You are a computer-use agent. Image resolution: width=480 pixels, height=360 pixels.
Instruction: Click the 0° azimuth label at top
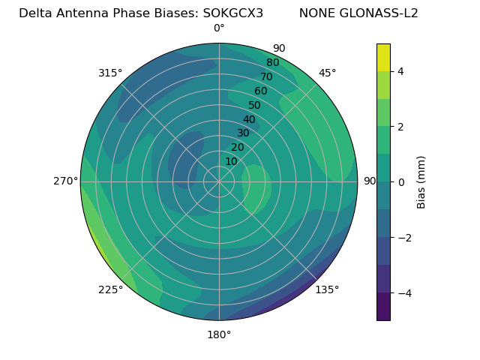[219, 28]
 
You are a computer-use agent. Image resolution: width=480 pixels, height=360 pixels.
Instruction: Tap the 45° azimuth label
[327, 73]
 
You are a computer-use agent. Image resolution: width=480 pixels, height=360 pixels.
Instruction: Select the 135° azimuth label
[327, 289]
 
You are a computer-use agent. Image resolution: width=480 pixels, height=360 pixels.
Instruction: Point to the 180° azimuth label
[219, 334]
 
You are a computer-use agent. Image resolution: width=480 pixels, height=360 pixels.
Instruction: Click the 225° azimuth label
[110, 289]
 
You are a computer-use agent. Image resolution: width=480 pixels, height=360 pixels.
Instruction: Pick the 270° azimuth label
[66, 181]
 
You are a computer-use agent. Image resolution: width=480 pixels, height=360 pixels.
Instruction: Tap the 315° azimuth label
[110, 73]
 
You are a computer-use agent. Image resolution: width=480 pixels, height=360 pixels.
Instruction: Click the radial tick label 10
[231, 161]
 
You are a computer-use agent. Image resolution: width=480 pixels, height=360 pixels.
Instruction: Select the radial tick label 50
[254, 105]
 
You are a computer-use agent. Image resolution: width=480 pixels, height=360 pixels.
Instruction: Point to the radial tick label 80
[272, 62]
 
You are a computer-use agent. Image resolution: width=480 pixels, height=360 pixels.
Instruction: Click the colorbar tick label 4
[401, 71]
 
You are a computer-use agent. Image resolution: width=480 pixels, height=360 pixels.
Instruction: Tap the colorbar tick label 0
[401, 182]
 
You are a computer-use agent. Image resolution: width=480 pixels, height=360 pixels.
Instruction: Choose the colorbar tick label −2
[403, 238]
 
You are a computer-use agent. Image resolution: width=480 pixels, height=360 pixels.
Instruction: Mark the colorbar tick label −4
[403, 293]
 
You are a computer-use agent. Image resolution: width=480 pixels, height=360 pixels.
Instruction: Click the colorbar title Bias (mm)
[421, 182]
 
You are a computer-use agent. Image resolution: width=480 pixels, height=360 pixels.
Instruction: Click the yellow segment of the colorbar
[383, 58]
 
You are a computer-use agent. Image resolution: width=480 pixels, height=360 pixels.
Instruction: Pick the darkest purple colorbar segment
[383, 307]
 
